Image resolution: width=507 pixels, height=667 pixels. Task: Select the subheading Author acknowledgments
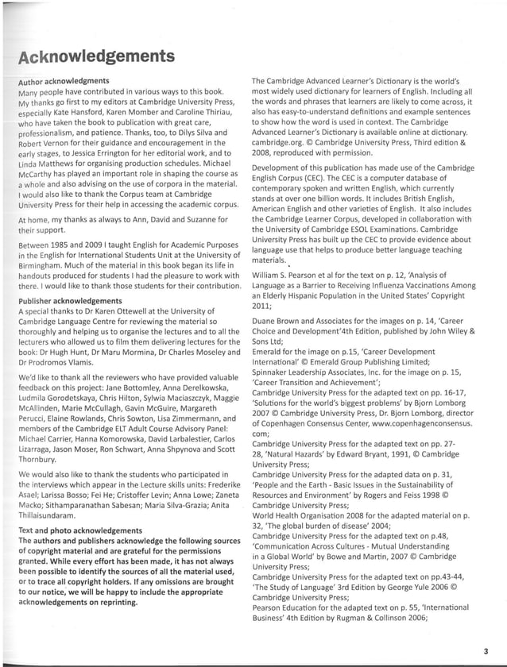64,82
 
